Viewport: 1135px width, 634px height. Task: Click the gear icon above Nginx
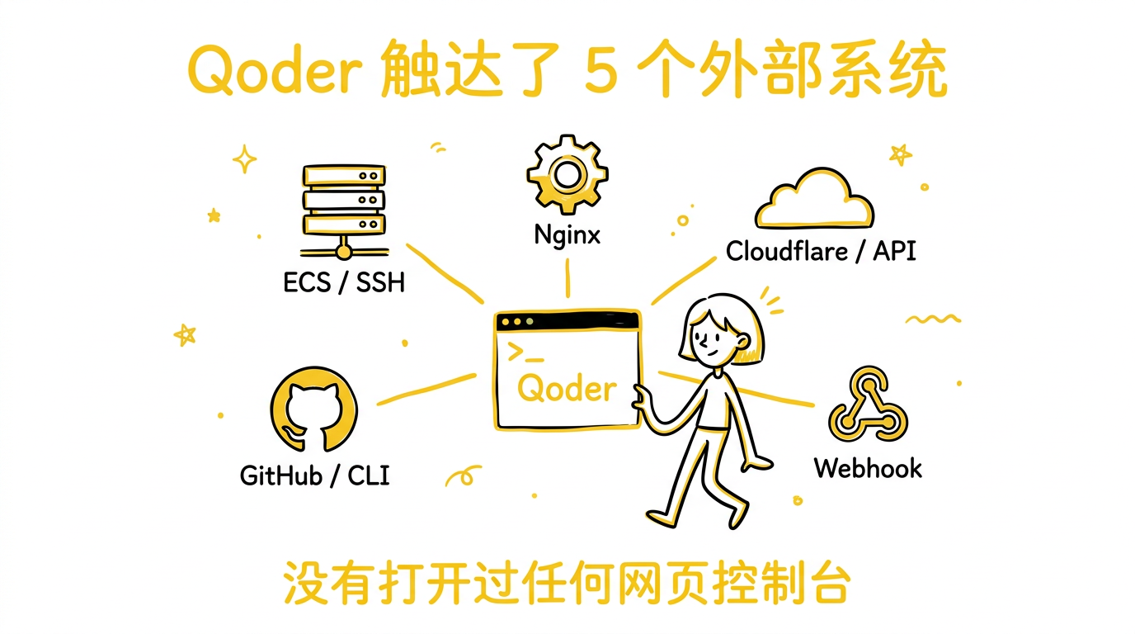[x=567, y=174]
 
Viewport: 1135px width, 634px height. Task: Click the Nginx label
[x=567, y=234]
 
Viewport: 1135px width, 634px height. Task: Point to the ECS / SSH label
[x=344, y=282]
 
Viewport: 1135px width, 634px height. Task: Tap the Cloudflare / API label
[x=821, y=250]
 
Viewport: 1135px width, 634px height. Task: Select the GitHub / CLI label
[x=314, y=475]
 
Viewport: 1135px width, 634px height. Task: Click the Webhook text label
[x=868, y=468]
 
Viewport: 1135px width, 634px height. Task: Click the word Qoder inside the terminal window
[x=567, y=388]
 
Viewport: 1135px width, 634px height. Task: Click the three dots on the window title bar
[x=517, y=321]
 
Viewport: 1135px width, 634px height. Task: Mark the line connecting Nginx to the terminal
[x=567, y=277]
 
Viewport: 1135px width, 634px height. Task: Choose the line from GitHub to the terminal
[x=426, y=390]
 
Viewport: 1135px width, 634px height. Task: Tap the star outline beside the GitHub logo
[x=185, y=334]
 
